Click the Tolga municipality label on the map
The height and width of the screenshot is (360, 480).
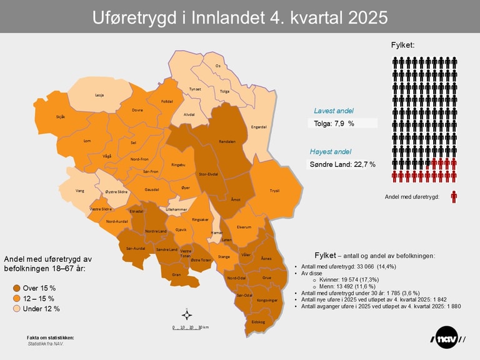pos(225,91)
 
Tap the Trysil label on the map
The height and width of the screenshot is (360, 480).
pos(274,191)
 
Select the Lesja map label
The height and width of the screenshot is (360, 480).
pos(99,95)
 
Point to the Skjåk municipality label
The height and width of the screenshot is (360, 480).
pos(61,117)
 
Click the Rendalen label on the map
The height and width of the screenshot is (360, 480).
pos(227,142)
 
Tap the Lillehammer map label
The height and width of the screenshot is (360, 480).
pos(176,209)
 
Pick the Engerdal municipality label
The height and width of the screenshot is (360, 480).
pos(259,127)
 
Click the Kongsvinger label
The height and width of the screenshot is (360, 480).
pos(266,300)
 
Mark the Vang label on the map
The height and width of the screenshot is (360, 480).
pos(79,191)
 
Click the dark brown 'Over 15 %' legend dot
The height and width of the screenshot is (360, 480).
pos(17,288)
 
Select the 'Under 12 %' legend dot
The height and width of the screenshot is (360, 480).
pos(17,309)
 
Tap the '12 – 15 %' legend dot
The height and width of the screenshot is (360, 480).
pos(17,299)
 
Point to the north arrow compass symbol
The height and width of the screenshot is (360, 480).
pos(186,314)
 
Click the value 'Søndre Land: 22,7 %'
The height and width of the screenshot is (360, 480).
pos(342,164)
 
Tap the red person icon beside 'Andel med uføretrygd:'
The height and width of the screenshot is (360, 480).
pos(454,196)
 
